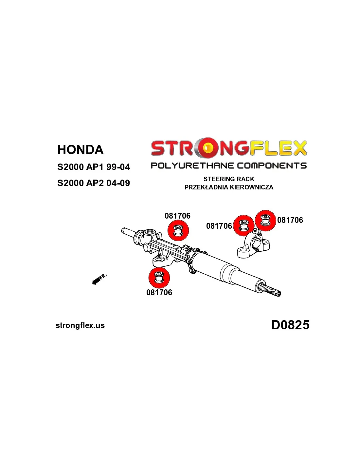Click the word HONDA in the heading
80,150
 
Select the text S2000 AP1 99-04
94,167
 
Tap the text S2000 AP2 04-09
94,183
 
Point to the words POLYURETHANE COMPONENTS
229,165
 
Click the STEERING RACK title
229,179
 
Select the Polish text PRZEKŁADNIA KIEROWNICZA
229,187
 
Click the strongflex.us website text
80,325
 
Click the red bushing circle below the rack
159,278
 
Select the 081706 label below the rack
159,293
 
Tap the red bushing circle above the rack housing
178,230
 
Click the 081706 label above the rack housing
177,216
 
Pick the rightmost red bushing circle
265,221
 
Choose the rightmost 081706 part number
290,220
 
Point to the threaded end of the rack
270,289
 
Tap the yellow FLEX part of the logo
278,148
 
